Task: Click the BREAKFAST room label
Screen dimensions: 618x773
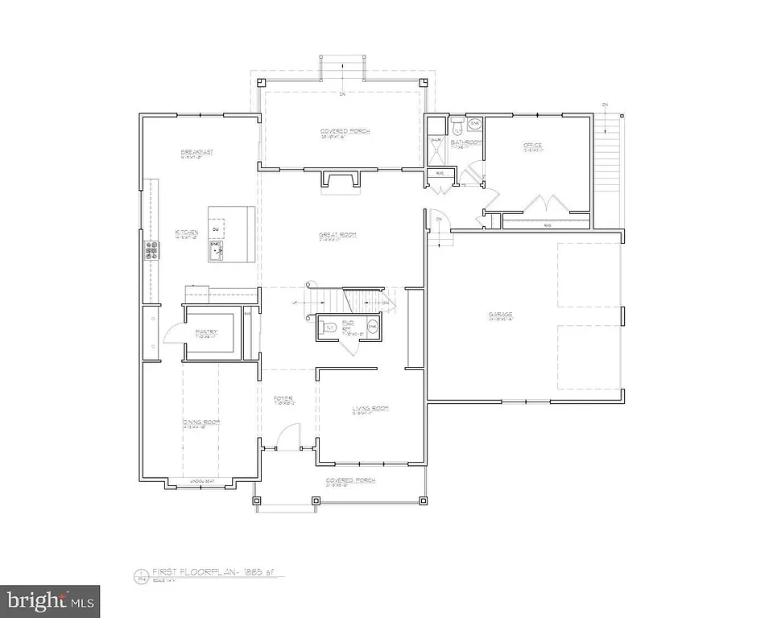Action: (x=196, y=151)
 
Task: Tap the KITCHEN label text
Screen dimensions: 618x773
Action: (x=186, y=233)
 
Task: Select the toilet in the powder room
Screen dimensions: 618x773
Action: (x=329, y=328)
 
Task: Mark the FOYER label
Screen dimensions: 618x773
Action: (x=282, y=398)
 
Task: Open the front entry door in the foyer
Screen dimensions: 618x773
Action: (x=277, y=439)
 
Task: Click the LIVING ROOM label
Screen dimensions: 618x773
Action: (x=370, y=409)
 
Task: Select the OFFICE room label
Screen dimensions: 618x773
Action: (x=532, y=146)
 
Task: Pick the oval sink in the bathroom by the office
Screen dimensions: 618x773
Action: (x=475, y=124)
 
